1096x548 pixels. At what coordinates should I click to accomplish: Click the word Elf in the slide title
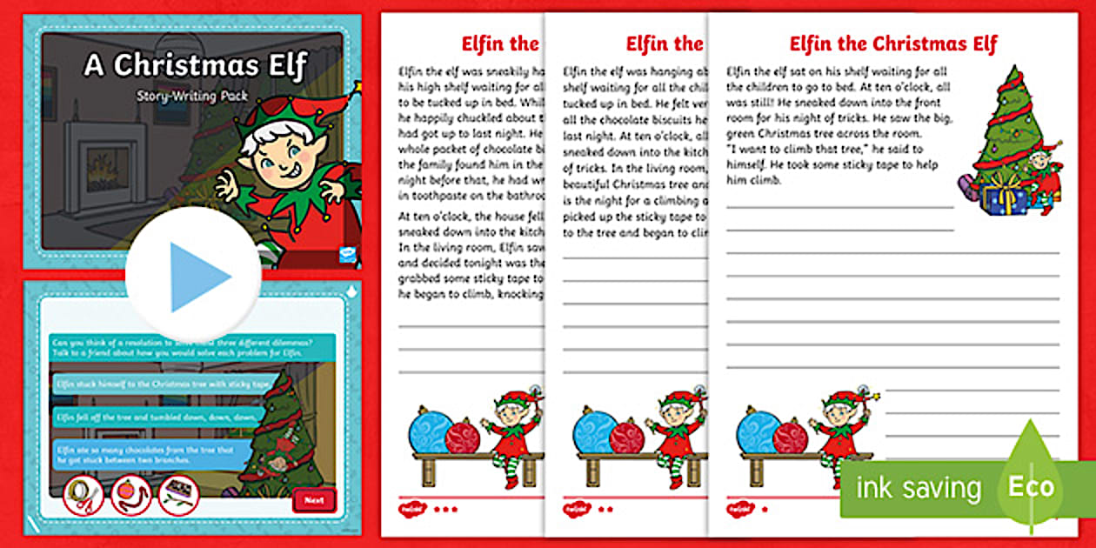(x=276, y=66)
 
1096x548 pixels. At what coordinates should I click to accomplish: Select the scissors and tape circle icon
(x=84, y=495)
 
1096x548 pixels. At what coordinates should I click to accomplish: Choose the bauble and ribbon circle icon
(x=131, y=495)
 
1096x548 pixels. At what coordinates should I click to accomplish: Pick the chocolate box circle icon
(x=178, y=495)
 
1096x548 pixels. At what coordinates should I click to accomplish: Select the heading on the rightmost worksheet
(x=892, y=44)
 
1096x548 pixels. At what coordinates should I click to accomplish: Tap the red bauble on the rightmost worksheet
(x=790, y=437)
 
